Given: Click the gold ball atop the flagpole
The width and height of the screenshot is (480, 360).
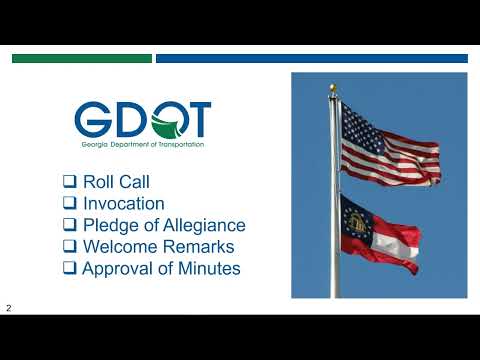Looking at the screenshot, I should pyautogui.click(x=333, y=87).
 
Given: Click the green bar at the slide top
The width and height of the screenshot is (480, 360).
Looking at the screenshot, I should pyautogui.click(x=81, y=59).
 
